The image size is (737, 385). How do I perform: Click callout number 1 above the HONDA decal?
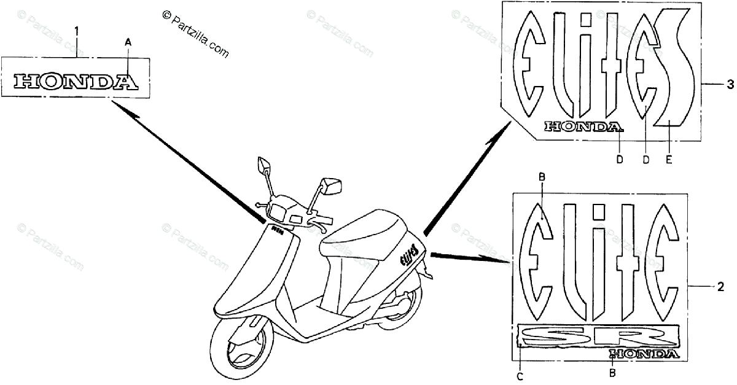[77, 29]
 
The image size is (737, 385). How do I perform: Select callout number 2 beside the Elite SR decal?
[720, 286]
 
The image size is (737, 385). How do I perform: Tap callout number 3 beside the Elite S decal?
[729, 83]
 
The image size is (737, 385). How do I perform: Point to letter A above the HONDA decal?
[128, 42]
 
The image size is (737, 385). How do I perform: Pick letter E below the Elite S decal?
[668, 160]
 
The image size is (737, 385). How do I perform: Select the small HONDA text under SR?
[644, 354]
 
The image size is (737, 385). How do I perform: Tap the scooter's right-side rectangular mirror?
[332, 185]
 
